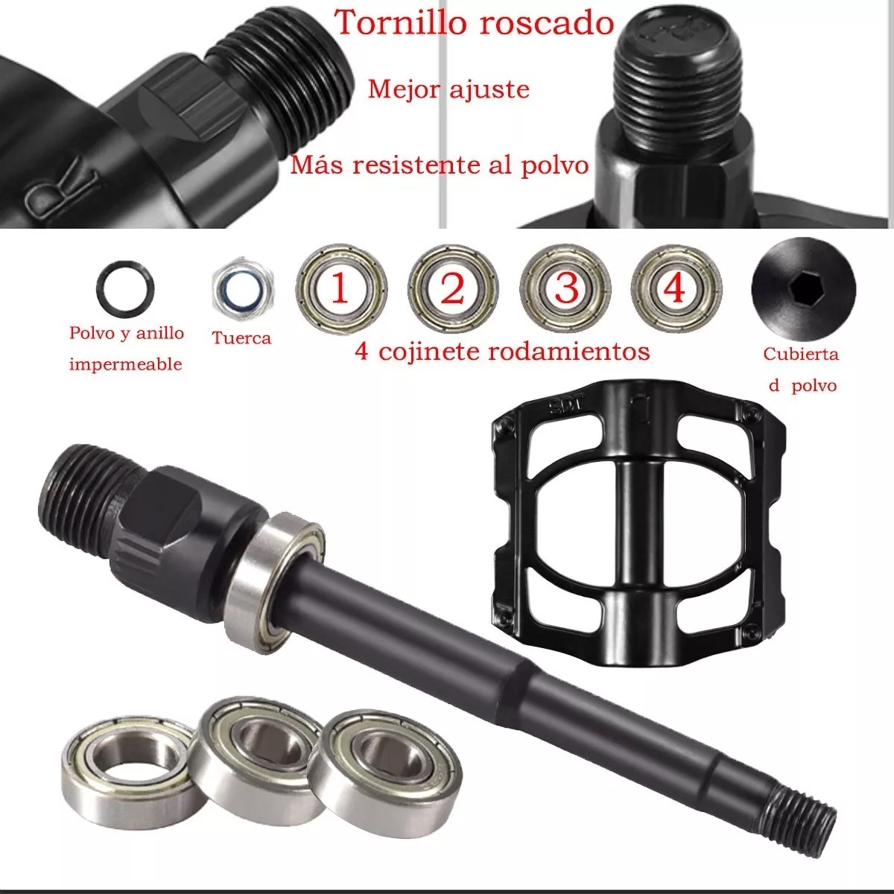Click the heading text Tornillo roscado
[474, 22]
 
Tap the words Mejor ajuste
[448, 89]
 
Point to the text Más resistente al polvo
[440, 164]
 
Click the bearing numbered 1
[340, 289]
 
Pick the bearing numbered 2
[452, 289]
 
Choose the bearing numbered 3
[565, 289]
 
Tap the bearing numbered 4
[676, 289]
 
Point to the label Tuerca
[241, 337]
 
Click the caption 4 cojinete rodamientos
[502, 351]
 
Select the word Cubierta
[801, 354]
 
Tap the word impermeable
[125, 364]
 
